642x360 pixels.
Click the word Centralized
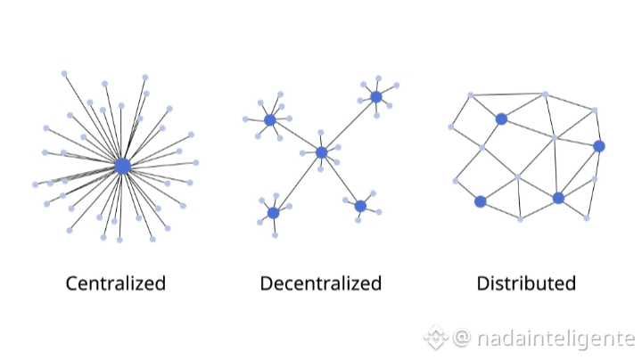click(116, 283)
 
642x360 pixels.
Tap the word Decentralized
click(321, 283)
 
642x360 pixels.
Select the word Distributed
click(526, 283)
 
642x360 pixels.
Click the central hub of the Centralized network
click(123, 166)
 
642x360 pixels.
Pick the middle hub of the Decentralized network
click(322, 152)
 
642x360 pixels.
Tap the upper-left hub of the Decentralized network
click(270, 119)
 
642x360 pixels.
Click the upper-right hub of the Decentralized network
click(376, 96)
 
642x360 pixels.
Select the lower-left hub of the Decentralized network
click(274, 213)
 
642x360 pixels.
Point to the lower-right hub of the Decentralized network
click(360, 206)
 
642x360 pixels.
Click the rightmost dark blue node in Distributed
click(599, 146)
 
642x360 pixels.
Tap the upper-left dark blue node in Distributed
click(501, 119)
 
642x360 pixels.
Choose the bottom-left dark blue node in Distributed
click(481, 201)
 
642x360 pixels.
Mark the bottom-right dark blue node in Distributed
click(558, 198)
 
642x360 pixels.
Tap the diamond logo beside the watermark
click(435, 338)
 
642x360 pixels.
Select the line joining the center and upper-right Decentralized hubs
click(350, 124)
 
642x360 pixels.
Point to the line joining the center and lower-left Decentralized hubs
click(298, 183)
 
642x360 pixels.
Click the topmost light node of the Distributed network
click(546, 94)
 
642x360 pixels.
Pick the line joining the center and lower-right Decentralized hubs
click(342, 179)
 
